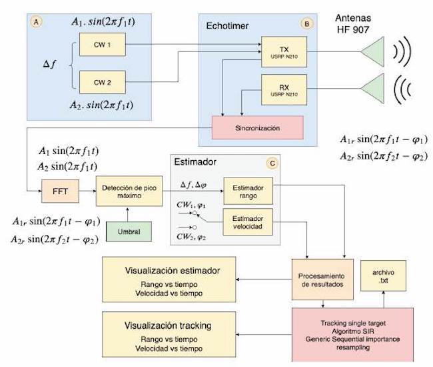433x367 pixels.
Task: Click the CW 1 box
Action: coord(97,45)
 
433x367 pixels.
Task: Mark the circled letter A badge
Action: coord(37,21)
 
